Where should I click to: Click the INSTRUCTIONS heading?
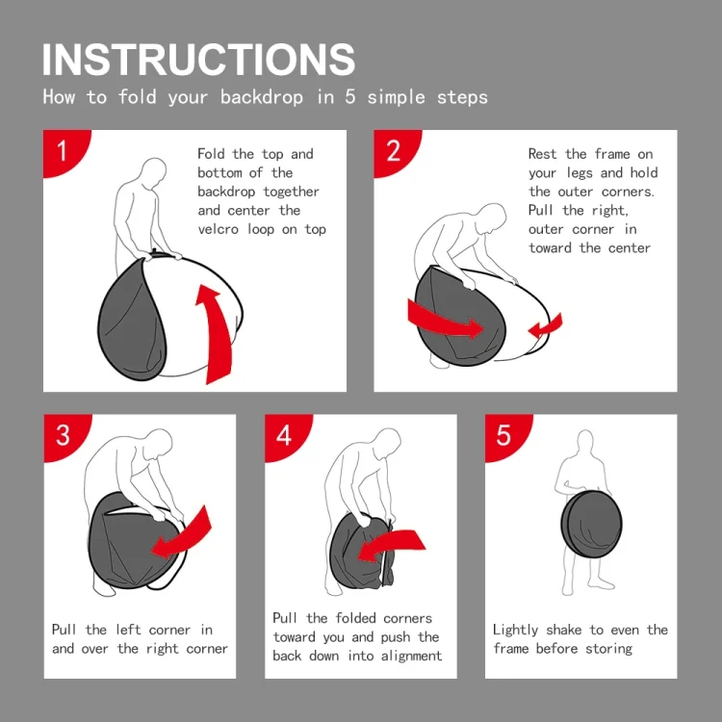[198, 60]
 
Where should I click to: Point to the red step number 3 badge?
[64, 435]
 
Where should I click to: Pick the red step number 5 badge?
[505, 435]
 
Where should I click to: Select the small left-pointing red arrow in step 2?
[546, 326]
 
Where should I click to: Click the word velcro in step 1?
[219, 229]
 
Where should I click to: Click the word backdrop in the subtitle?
[262, 97]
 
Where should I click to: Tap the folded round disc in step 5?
[592, 525]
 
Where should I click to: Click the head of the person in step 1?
[154, 172]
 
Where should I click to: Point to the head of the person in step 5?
[584, 442]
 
